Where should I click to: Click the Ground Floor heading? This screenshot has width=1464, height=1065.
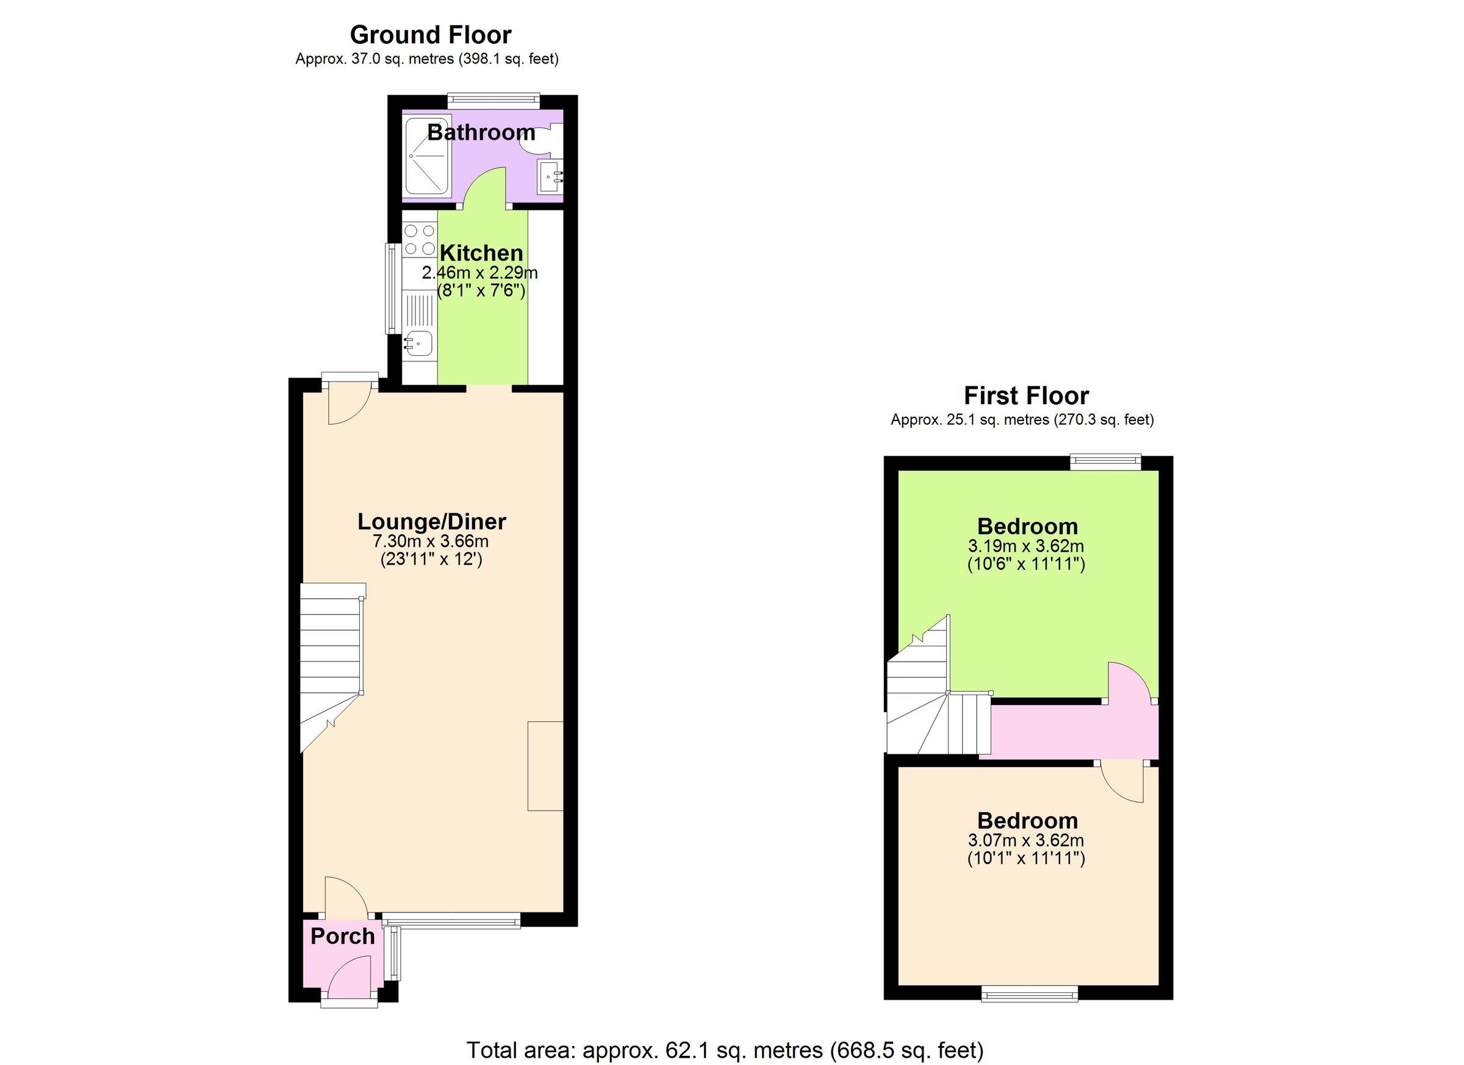(431, 35)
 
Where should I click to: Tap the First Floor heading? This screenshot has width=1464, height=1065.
(1027, 395)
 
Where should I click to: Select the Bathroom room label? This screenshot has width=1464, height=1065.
(481, 132)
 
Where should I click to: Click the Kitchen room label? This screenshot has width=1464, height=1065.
(481, 253)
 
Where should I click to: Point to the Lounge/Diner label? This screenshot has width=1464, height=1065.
(431, 521)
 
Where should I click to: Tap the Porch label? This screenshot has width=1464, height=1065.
(342, 936)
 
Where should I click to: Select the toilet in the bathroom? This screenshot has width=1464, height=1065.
(541, 137)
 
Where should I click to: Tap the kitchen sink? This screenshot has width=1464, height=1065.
(418, 344)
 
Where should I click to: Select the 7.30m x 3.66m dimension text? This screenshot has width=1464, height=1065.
(431, 541)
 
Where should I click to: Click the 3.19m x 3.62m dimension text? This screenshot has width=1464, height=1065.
(1027, 546)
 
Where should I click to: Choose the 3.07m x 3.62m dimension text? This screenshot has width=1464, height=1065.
(1027, 840)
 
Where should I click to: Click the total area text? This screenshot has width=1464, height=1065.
(725, 1050)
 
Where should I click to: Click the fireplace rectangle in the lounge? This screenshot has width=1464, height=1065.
(545, 766)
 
